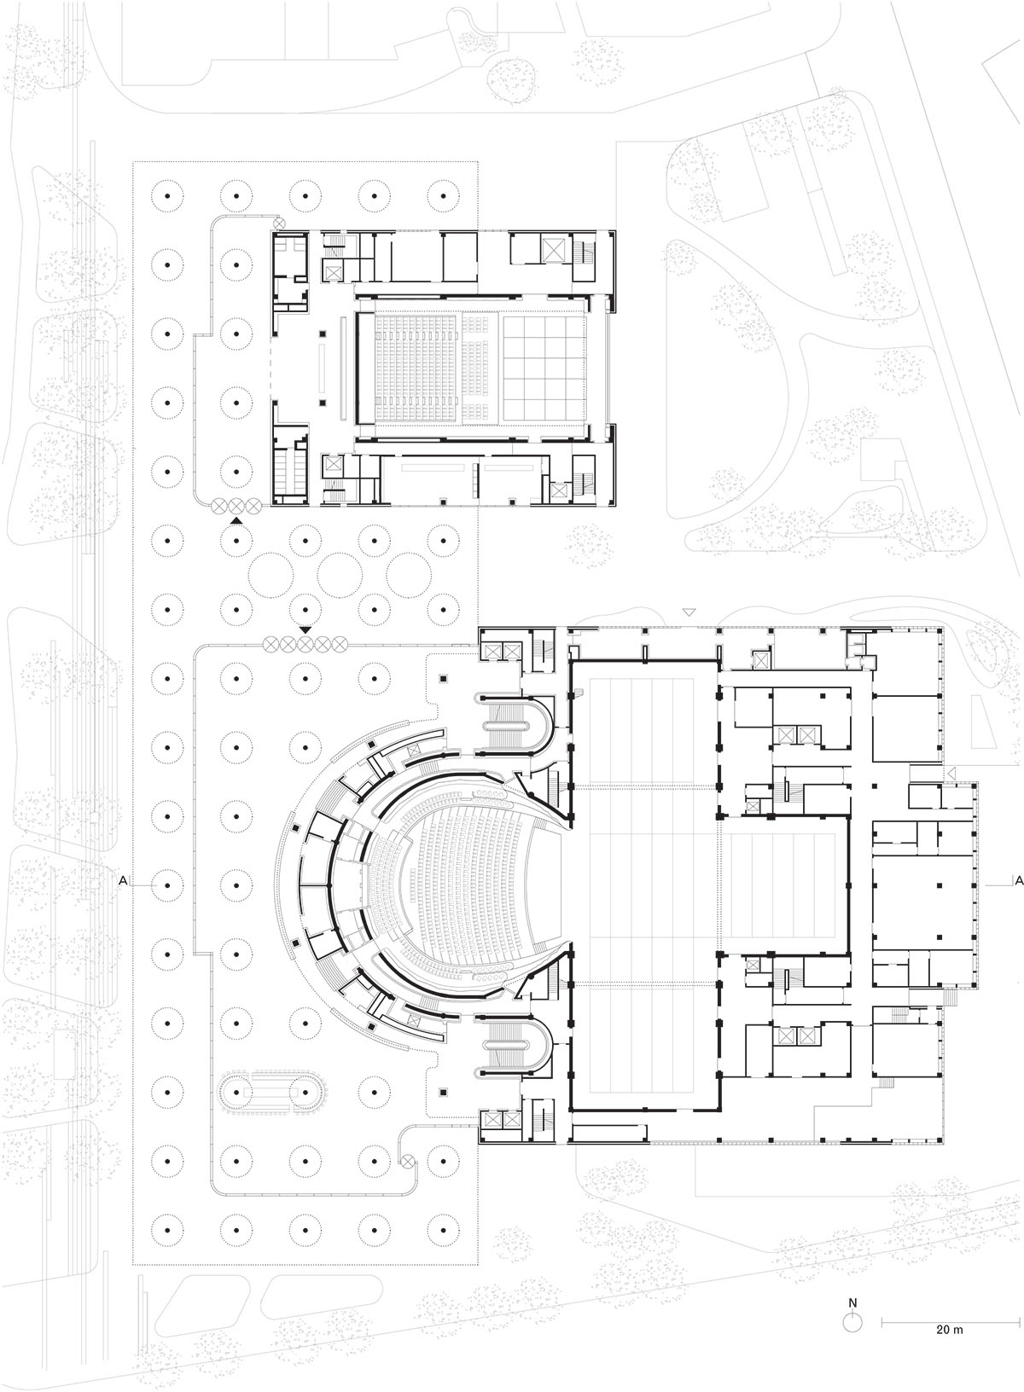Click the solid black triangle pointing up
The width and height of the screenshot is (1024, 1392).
point(236,520)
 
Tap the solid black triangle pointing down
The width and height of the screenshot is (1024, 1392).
point(305,630)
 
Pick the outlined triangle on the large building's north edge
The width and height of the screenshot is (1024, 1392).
point(689,612)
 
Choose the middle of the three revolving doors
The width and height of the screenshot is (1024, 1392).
point(236,507)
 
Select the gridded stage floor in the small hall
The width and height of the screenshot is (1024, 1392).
point(545,367)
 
